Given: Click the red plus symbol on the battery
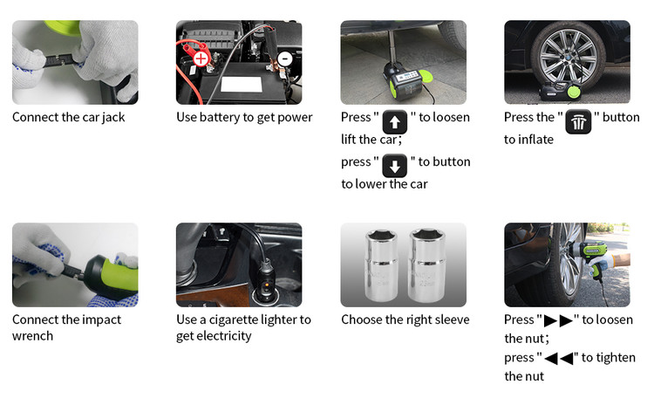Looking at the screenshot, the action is [201, 58].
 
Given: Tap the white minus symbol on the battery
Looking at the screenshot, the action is [285, 58].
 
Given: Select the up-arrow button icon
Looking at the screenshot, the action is [394, 122].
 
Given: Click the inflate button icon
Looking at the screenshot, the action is [578, 122].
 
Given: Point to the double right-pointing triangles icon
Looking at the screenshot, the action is [558, 320].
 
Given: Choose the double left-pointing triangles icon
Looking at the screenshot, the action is [558, 358].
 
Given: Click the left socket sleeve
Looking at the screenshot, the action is [382, 264].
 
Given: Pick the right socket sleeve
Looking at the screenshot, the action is [427, 264].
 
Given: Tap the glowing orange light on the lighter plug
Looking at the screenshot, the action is [266, 285].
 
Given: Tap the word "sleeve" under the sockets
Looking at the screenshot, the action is [452, 319].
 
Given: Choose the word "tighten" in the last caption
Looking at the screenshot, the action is [616, 358].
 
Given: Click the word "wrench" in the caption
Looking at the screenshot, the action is [32, 336].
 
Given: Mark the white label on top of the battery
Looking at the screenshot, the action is [242, 85].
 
